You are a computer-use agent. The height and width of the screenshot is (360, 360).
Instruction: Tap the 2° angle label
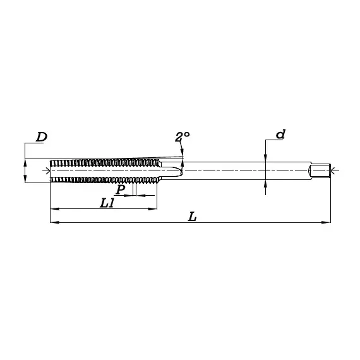click(182, 137)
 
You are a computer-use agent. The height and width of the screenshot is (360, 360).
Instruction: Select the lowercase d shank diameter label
click(281, 134)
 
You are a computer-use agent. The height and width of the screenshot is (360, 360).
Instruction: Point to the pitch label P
click(120, 189)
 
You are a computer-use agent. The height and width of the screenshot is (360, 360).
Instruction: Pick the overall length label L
click(193, 217)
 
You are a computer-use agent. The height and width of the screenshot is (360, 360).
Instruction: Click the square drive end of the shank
click(320, 170)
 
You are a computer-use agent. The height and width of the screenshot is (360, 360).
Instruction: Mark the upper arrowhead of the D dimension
click(25, 162)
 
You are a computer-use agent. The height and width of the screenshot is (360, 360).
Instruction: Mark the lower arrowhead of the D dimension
click(25, 179)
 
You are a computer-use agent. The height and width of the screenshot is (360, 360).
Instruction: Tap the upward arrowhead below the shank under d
click(266, 183)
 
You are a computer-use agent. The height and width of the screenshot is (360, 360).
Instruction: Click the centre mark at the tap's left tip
click(47, 171)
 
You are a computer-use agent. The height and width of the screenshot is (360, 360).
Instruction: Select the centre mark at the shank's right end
click(334, 170)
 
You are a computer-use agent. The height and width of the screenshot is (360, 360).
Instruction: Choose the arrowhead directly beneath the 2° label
click(182, 152)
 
